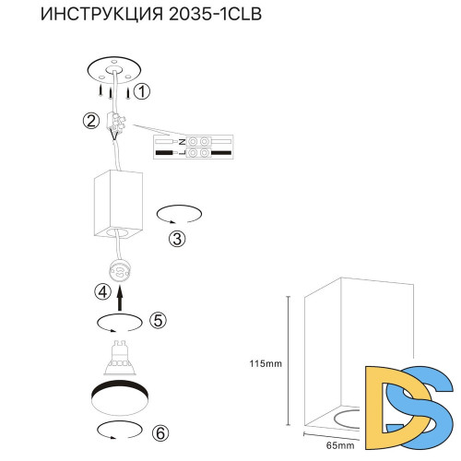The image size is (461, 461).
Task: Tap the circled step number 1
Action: pyautogui.click(x=141, y=91)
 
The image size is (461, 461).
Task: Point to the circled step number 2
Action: pyautogui.click(x=90, y=121)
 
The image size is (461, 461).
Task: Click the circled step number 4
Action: pyautogui.click(x=103, y=291)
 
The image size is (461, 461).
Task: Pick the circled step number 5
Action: pyautogui.click(x=158, y=321)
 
